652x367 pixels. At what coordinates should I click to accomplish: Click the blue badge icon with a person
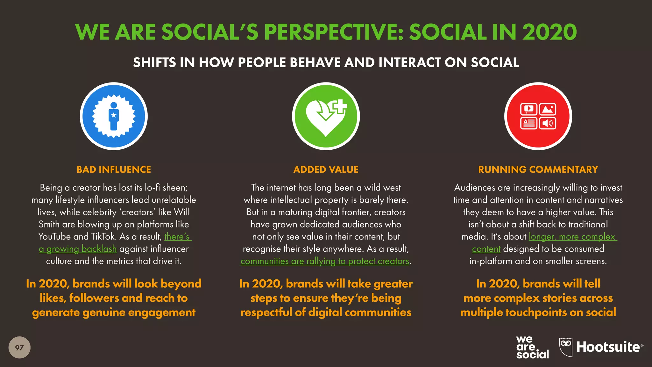tap(114, 116)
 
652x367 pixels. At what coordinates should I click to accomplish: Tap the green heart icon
tap(325, 117)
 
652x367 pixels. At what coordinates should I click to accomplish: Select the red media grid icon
tap(538, 116)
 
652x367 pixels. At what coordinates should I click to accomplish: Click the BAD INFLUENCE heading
tap(114, 169)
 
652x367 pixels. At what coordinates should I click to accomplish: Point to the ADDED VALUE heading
tap(326, 169)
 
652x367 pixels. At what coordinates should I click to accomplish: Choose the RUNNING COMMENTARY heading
tap(538, 169)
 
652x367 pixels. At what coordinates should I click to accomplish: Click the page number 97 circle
tap(19, 347)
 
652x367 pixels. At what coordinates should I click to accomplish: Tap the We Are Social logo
tap(532, 347)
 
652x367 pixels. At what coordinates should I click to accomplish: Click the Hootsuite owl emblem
tap(566, 347)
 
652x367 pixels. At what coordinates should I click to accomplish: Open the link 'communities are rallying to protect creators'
tap(325, 261)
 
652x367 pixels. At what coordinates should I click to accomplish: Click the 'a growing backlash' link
tap(78, 249)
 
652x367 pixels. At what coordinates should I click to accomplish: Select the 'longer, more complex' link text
tap(572, 237)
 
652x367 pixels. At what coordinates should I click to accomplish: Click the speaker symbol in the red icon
tap(547, 123)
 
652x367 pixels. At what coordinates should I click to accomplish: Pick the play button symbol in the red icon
tap(529, 109)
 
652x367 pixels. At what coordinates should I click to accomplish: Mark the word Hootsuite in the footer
tap(608, 347)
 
